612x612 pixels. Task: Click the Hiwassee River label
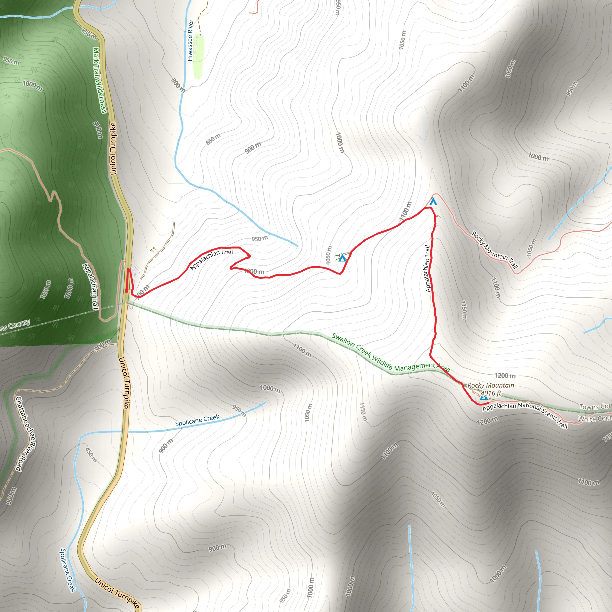[190, 40]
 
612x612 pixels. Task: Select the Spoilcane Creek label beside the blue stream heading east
[197, 421]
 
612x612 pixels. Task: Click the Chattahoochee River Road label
[26, 434]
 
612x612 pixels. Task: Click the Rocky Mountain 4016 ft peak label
[490, 389]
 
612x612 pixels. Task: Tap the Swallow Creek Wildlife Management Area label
[390, 353]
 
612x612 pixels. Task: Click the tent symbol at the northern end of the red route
[433, 201]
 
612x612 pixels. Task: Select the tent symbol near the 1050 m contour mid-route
[342, 258]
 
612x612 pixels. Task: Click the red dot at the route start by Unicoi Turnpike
[127, 290]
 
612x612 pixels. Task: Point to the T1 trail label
[154, 250]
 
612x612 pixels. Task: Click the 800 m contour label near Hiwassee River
[178, 85]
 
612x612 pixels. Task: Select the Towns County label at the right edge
[595, 406]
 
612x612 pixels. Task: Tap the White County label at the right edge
[595, 418]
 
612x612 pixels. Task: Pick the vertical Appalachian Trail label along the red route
[428, 268]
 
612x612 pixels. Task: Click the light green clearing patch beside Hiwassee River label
[198, 56]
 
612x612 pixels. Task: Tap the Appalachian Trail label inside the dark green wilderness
[91, 286]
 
